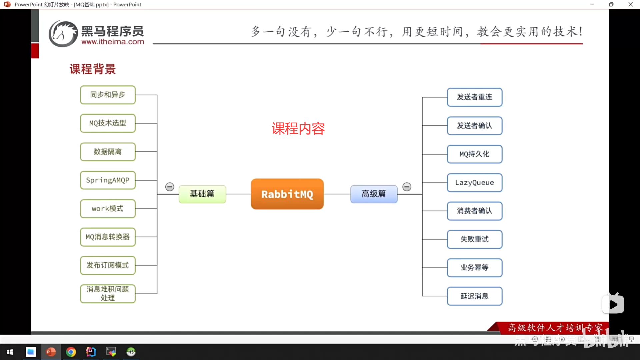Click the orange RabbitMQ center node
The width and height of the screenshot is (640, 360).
click(x=287, y=194)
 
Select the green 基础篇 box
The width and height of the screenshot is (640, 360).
click(x=202, y=194)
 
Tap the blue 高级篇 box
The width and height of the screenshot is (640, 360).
click(x=374, y=194)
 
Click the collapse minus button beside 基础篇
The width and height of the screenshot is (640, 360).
click(x=170, y=187)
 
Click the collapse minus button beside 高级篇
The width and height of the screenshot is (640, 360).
click(x=407, y=187)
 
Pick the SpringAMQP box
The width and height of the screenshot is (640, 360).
click(x=108, y=180)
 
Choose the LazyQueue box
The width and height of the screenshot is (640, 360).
click(x=474, y=183)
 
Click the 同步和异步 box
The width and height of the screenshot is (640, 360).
click(x=108, y=95)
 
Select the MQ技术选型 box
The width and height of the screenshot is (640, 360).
click(x=108, y=123)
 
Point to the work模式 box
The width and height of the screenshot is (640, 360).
click(x=108, y=209)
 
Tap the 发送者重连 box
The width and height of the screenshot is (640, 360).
click(x=474, y=97)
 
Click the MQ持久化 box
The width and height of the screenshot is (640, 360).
click(x=474, y=154)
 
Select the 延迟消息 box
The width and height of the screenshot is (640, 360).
click(x=474, y=296)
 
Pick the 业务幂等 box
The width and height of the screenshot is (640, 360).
click(x=474, y=268)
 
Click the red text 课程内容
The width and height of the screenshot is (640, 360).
click(x=298, y=129)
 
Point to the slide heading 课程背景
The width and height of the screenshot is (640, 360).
click(x=93, y=69)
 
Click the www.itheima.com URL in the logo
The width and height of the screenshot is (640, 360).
click(x=113, y=42)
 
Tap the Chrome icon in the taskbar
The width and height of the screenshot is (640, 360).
click(x=71, y=352)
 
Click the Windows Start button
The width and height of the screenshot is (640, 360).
click(x=10, y=352)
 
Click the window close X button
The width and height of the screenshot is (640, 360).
click(x=630, y=4)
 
